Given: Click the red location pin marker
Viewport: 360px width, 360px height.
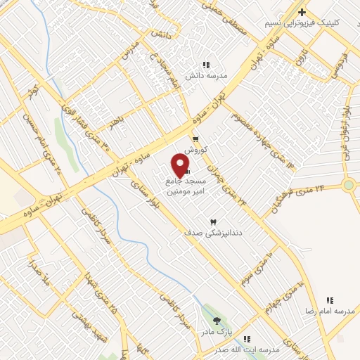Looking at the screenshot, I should (x=181, y=166).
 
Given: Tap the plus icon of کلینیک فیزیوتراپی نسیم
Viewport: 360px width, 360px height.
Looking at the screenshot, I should (x=302, y=12).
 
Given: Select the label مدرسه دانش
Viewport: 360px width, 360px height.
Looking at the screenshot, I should (x=205, y=75).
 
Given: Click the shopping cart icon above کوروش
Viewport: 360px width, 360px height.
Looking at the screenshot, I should (x=195, y=139).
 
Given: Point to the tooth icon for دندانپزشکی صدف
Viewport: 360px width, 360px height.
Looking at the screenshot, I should (x=213, y=221).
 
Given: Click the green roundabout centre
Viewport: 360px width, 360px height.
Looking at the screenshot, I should (x=348, y=185).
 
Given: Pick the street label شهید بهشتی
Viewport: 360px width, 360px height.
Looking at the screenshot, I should (x=91, y=326).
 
